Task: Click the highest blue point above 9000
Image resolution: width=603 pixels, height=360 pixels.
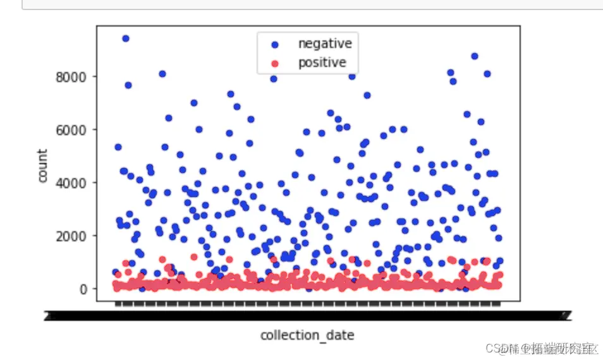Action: (126, 39)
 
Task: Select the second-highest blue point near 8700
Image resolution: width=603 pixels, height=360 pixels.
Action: (475, 56)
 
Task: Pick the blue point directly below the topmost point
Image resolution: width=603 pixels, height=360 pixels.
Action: (128, 85)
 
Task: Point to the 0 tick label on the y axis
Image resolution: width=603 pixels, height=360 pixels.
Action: (82, 289)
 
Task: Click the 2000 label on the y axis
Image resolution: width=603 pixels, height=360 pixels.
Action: (71, 236)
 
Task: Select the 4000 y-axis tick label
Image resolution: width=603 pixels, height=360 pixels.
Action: (71, 183)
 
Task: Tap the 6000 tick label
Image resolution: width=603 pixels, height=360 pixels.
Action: (71, 130)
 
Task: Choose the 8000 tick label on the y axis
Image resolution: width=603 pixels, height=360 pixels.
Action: (71, 77)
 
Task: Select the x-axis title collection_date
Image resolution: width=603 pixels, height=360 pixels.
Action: (307, 335)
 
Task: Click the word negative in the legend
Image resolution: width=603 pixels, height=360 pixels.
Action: (325, 44)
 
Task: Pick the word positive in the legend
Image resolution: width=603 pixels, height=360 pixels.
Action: (322, 63)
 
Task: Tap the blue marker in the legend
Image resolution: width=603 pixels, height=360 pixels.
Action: (274, 44)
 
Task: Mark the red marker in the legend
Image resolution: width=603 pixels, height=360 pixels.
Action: (274, 63)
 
